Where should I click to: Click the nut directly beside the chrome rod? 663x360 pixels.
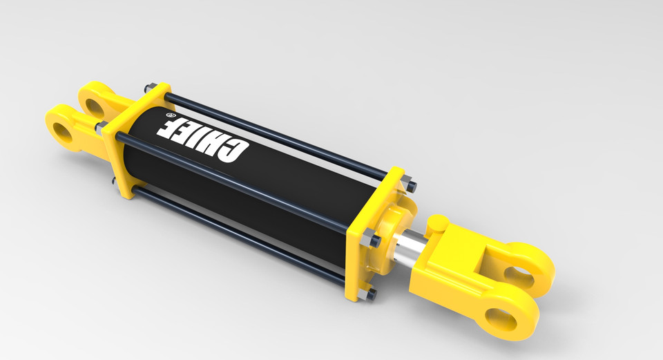click(375, 241)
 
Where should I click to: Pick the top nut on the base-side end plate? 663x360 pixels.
click(147, 88)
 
